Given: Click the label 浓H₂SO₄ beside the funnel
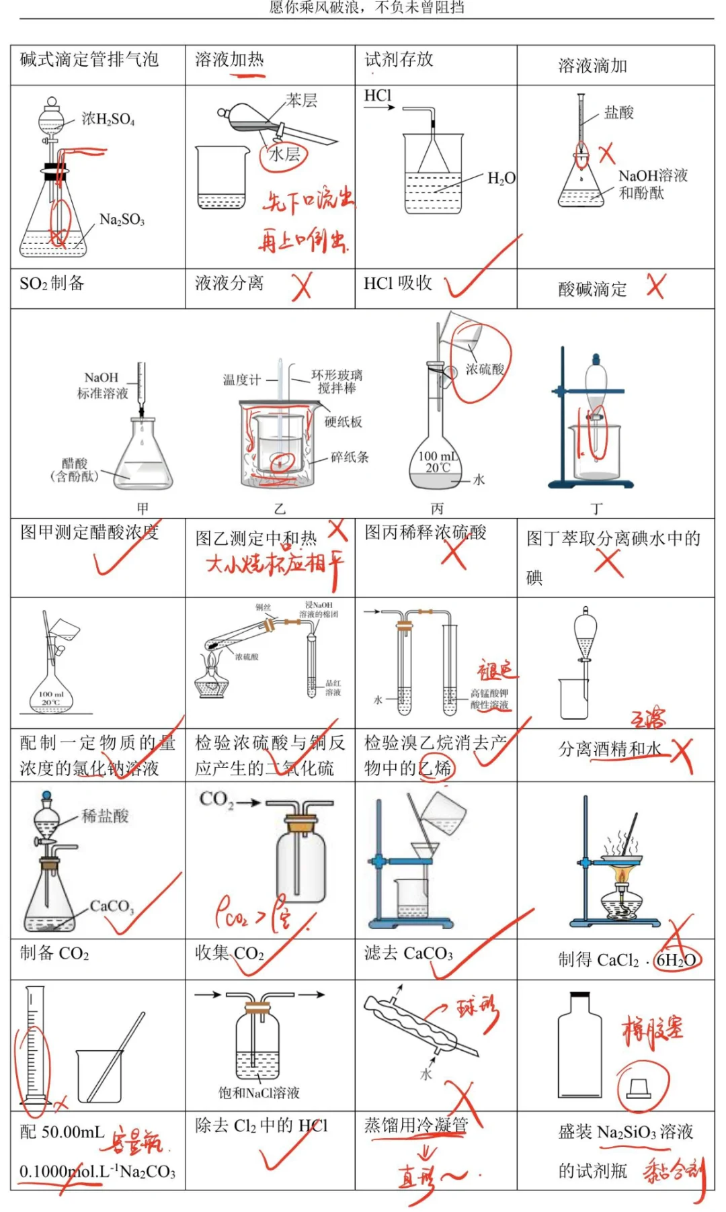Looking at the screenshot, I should point(108,120).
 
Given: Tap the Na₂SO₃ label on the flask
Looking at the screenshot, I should point(122,220).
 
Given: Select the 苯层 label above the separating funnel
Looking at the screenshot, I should point(301,101).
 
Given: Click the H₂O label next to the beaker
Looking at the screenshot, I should point(501,179).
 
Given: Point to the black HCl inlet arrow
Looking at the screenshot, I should point(380,107).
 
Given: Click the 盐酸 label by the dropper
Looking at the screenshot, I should point(618,113).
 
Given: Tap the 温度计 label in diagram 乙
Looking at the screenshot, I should point(241,380).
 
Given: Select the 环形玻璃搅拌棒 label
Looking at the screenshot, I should point(337,382).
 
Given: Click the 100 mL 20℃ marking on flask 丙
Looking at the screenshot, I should point(438,462).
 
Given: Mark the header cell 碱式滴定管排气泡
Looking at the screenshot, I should point(89,60).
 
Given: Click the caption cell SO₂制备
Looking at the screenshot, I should point(52,284).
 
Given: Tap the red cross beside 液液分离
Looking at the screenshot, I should point(301,286).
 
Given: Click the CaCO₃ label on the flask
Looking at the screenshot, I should point(112,906).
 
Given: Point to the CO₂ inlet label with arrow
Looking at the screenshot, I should point(229,800).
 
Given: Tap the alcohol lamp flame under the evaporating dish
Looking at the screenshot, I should point(622,876).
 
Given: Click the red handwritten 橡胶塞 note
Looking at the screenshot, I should point(651,1031).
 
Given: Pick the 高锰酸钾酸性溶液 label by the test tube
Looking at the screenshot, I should point(489,699).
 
